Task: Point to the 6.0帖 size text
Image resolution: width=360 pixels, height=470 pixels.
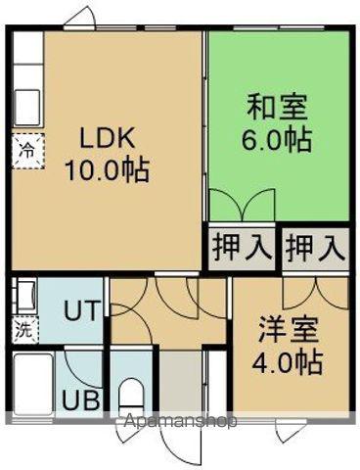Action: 277,140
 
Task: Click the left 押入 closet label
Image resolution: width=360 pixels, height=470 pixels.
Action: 240,248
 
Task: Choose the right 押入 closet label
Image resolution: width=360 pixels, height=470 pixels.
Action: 315,248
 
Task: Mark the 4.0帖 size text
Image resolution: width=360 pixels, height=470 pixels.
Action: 291,363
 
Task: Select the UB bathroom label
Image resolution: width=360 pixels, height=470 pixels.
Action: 79,400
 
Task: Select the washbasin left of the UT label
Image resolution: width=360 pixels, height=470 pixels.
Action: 24,296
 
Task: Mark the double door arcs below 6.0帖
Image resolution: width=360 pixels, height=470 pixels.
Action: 241,207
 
